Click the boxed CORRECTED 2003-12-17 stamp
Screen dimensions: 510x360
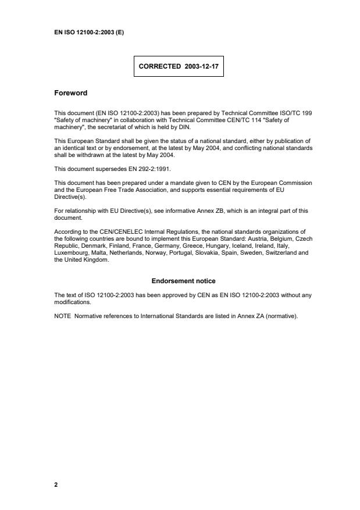pyautogui.click(x=179, y=67)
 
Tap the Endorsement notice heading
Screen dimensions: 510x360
pyautogui.click(x=183, y=281)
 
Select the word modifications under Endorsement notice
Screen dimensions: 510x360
pyautogui.click(x=73, y=301)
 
